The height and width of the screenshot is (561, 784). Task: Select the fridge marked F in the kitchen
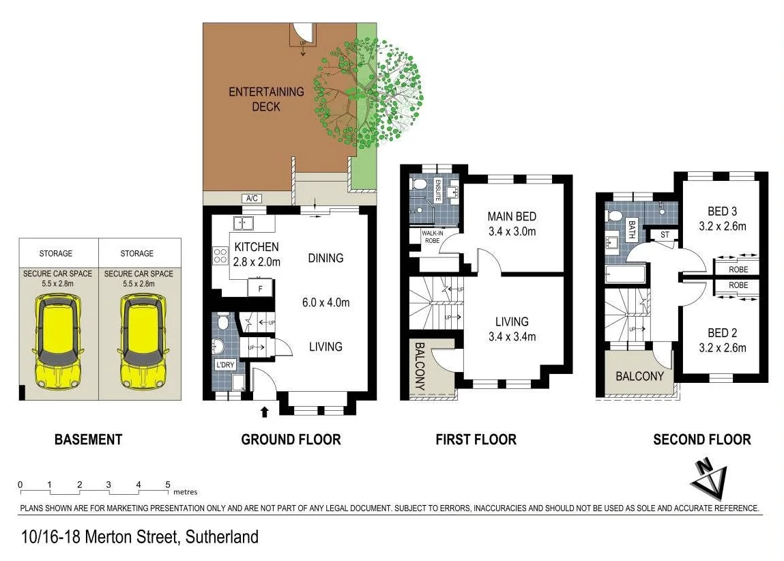coord(260,289)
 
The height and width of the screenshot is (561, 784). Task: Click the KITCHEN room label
coord(256,247)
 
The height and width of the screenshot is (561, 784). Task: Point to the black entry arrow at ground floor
coord(265,410)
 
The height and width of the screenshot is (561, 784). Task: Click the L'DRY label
coord(225,364)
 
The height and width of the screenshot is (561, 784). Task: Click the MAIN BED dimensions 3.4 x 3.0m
coord(512,231)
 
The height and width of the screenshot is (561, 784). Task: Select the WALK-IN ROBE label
coord(433,237)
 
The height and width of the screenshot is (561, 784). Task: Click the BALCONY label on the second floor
coord(639,376)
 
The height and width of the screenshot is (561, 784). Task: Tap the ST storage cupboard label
coord(665,235)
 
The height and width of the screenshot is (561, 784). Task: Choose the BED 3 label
coord(722,212)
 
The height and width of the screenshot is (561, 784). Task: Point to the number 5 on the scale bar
coord(168,485)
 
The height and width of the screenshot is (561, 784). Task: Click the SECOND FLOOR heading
coord(701,440)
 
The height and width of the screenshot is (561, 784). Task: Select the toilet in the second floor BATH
coord(615,216)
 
